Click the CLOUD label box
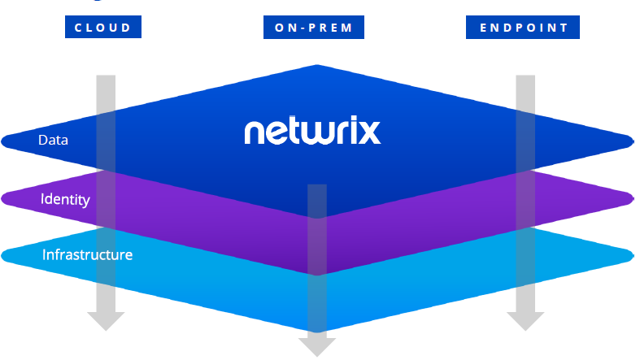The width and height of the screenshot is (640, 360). coord(103,28)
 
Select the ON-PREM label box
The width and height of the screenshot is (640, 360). coord(313,28)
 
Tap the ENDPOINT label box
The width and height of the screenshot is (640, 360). coord(523,28)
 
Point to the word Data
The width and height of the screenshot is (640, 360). coord(53,140)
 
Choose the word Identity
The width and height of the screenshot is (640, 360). coord(65,198)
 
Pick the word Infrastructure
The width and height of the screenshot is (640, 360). coord(87,254)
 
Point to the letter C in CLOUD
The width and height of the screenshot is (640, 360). coord(78,28)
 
